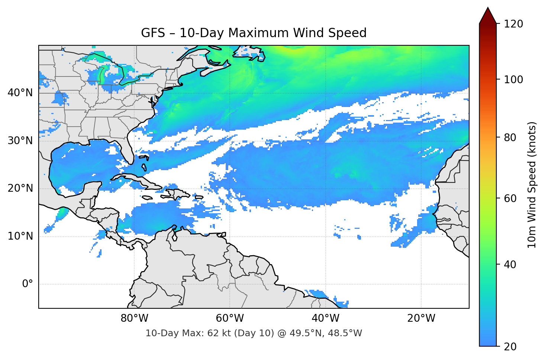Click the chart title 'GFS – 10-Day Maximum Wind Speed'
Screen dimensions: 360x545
pyautogui.click(x=254, y=33)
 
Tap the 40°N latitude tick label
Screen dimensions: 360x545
pyautogui.click(x=20, y=93)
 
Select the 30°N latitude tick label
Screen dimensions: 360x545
pyautogui.click(x=20, y=141)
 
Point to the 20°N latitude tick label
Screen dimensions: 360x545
pyautogui.click(x=20, y=188)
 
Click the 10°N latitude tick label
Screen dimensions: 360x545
pyautogui.click(x=20, y=236)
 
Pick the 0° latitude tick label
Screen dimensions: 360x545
pyautogui.click(x=27, y=284)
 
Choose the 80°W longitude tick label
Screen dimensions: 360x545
pyautogui.click(x=134, y=318)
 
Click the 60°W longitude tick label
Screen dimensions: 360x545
pyautogui.click(x=230, y=318)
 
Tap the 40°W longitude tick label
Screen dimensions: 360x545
pyautogui.click(x=325, y=318)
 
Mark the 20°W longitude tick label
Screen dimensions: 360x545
pyautogui.click(x=421, y=318)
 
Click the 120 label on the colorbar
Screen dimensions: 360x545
pyautogui.click(x=513, y=24)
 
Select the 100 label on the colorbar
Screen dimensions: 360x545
pyautogui.click(x=513, y=80)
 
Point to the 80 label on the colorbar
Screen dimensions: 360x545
pyautogui.click(x=510, y=137)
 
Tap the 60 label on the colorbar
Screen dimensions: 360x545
pyautogui.click(x=510, y=198)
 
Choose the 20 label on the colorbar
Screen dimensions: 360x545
pyautogui.click(x=510, y=347)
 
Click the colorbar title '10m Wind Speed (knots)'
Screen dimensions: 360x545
pyautogui.click(x=532, y=185)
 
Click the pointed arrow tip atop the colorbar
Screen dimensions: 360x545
pyautogui.click(x=488, y=9)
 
